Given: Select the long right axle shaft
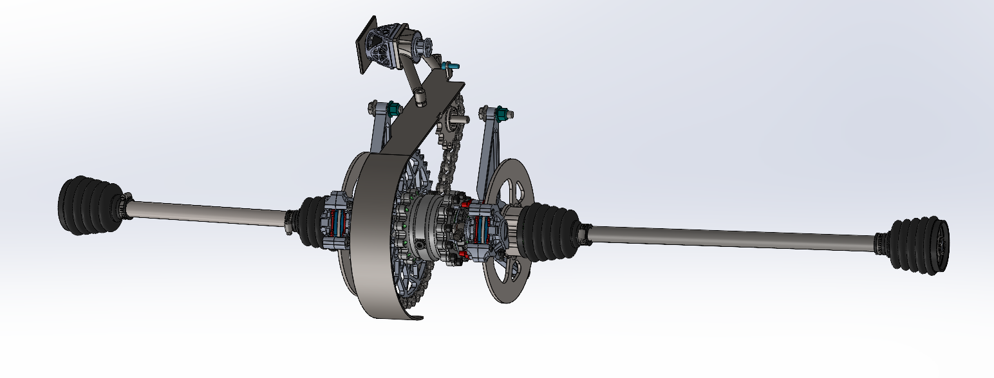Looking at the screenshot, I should click(x=727, y=237).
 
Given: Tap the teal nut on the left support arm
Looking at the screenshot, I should click(x=391, y=110).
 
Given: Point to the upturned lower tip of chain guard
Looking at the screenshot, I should click(x=416, y=318).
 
